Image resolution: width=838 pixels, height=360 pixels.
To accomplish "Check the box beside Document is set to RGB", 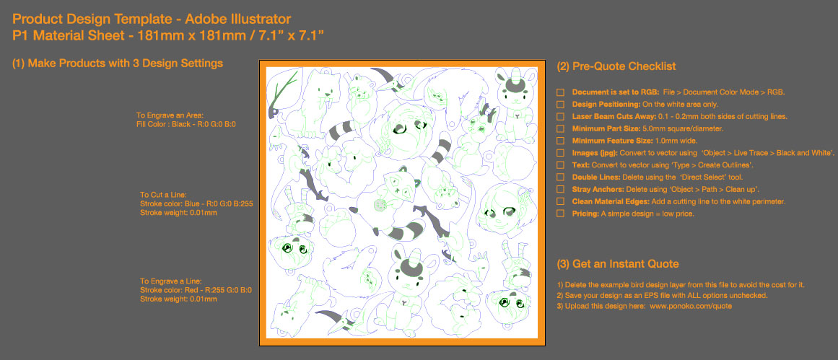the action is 560,92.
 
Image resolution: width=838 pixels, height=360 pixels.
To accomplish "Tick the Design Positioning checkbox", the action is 560,105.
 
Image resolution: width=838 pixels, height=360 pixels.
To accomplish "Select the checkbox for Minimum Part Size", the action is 560,128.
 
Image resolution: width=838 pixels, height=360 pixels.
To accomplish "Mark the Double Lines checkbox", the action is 560,177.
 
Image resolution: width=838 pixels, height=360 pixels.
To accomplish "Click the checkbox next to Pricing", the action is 560,214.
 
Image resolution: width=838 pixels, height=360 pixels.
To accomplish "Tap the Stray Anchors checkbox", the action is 560,189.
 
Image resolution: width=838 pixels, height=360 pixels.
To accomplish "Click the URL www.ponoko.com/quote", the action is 691,307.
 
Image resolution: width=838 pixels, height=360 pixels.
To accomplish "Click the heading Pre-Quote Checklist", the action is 616,67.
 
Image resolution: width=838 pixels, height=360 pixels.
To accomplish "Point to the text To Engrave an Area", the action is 170,115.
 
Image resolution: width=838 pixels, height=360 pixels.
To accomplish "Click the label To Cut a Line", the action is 163,195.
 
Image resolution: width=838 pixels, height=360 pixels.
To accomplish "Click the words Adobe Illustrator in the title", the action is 237,19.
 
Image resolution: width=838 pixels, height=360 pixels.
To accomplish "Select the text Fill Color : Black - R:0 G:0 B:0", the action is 186,124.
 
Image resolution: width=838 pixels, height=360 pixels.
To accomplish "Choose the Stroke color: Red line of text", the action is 196,290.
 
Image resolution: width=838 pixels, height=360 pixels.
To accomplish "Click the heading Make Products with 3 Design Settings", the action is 118,63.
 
